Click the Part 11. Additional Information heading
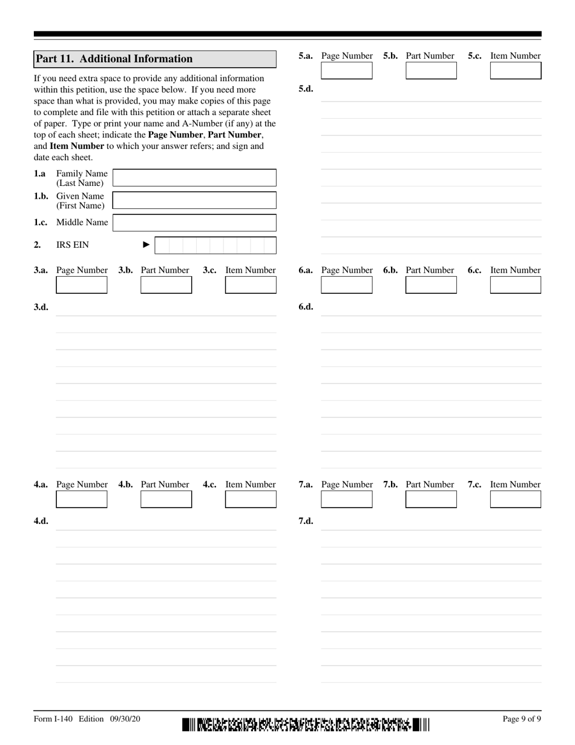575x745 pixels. click(114, 59)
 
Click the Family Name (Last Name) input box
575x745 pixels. click(194, 178)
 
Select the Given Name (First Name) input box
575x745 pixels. click(194, 200)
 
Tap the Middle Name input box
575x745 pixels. click(194, 223)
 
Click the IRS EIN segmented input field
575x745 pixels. click(215, 245)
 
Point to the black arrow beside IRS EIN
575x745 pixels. click(146, 245)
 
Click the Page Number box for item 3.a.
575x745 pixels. click(82, 285)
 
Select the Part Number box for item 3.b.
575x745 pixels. click(166, 285)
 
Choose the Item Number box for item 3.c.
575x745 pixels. click(251, 285)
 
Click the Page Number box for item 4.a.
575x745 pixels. click(82, 500)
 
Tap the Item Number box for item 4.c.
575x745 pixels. click(251, 500)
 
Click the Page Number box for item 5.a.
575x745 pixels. click(347, 71)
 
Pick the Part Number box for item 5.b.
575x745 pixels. click(431, 71)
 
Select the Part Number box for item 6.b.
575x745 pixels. click(431, 285)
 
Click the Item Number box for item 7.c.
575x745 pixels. click(515, 500)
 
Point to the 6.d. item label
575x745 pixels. click(306, 306)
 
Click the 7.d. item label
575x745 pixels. click(306, 521)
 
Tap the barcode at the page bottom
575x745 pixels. click(305, 724)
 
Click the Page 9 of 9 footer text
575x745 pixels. click(522, 719)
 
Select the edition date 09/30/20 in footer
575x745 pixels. click(125, 719)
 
